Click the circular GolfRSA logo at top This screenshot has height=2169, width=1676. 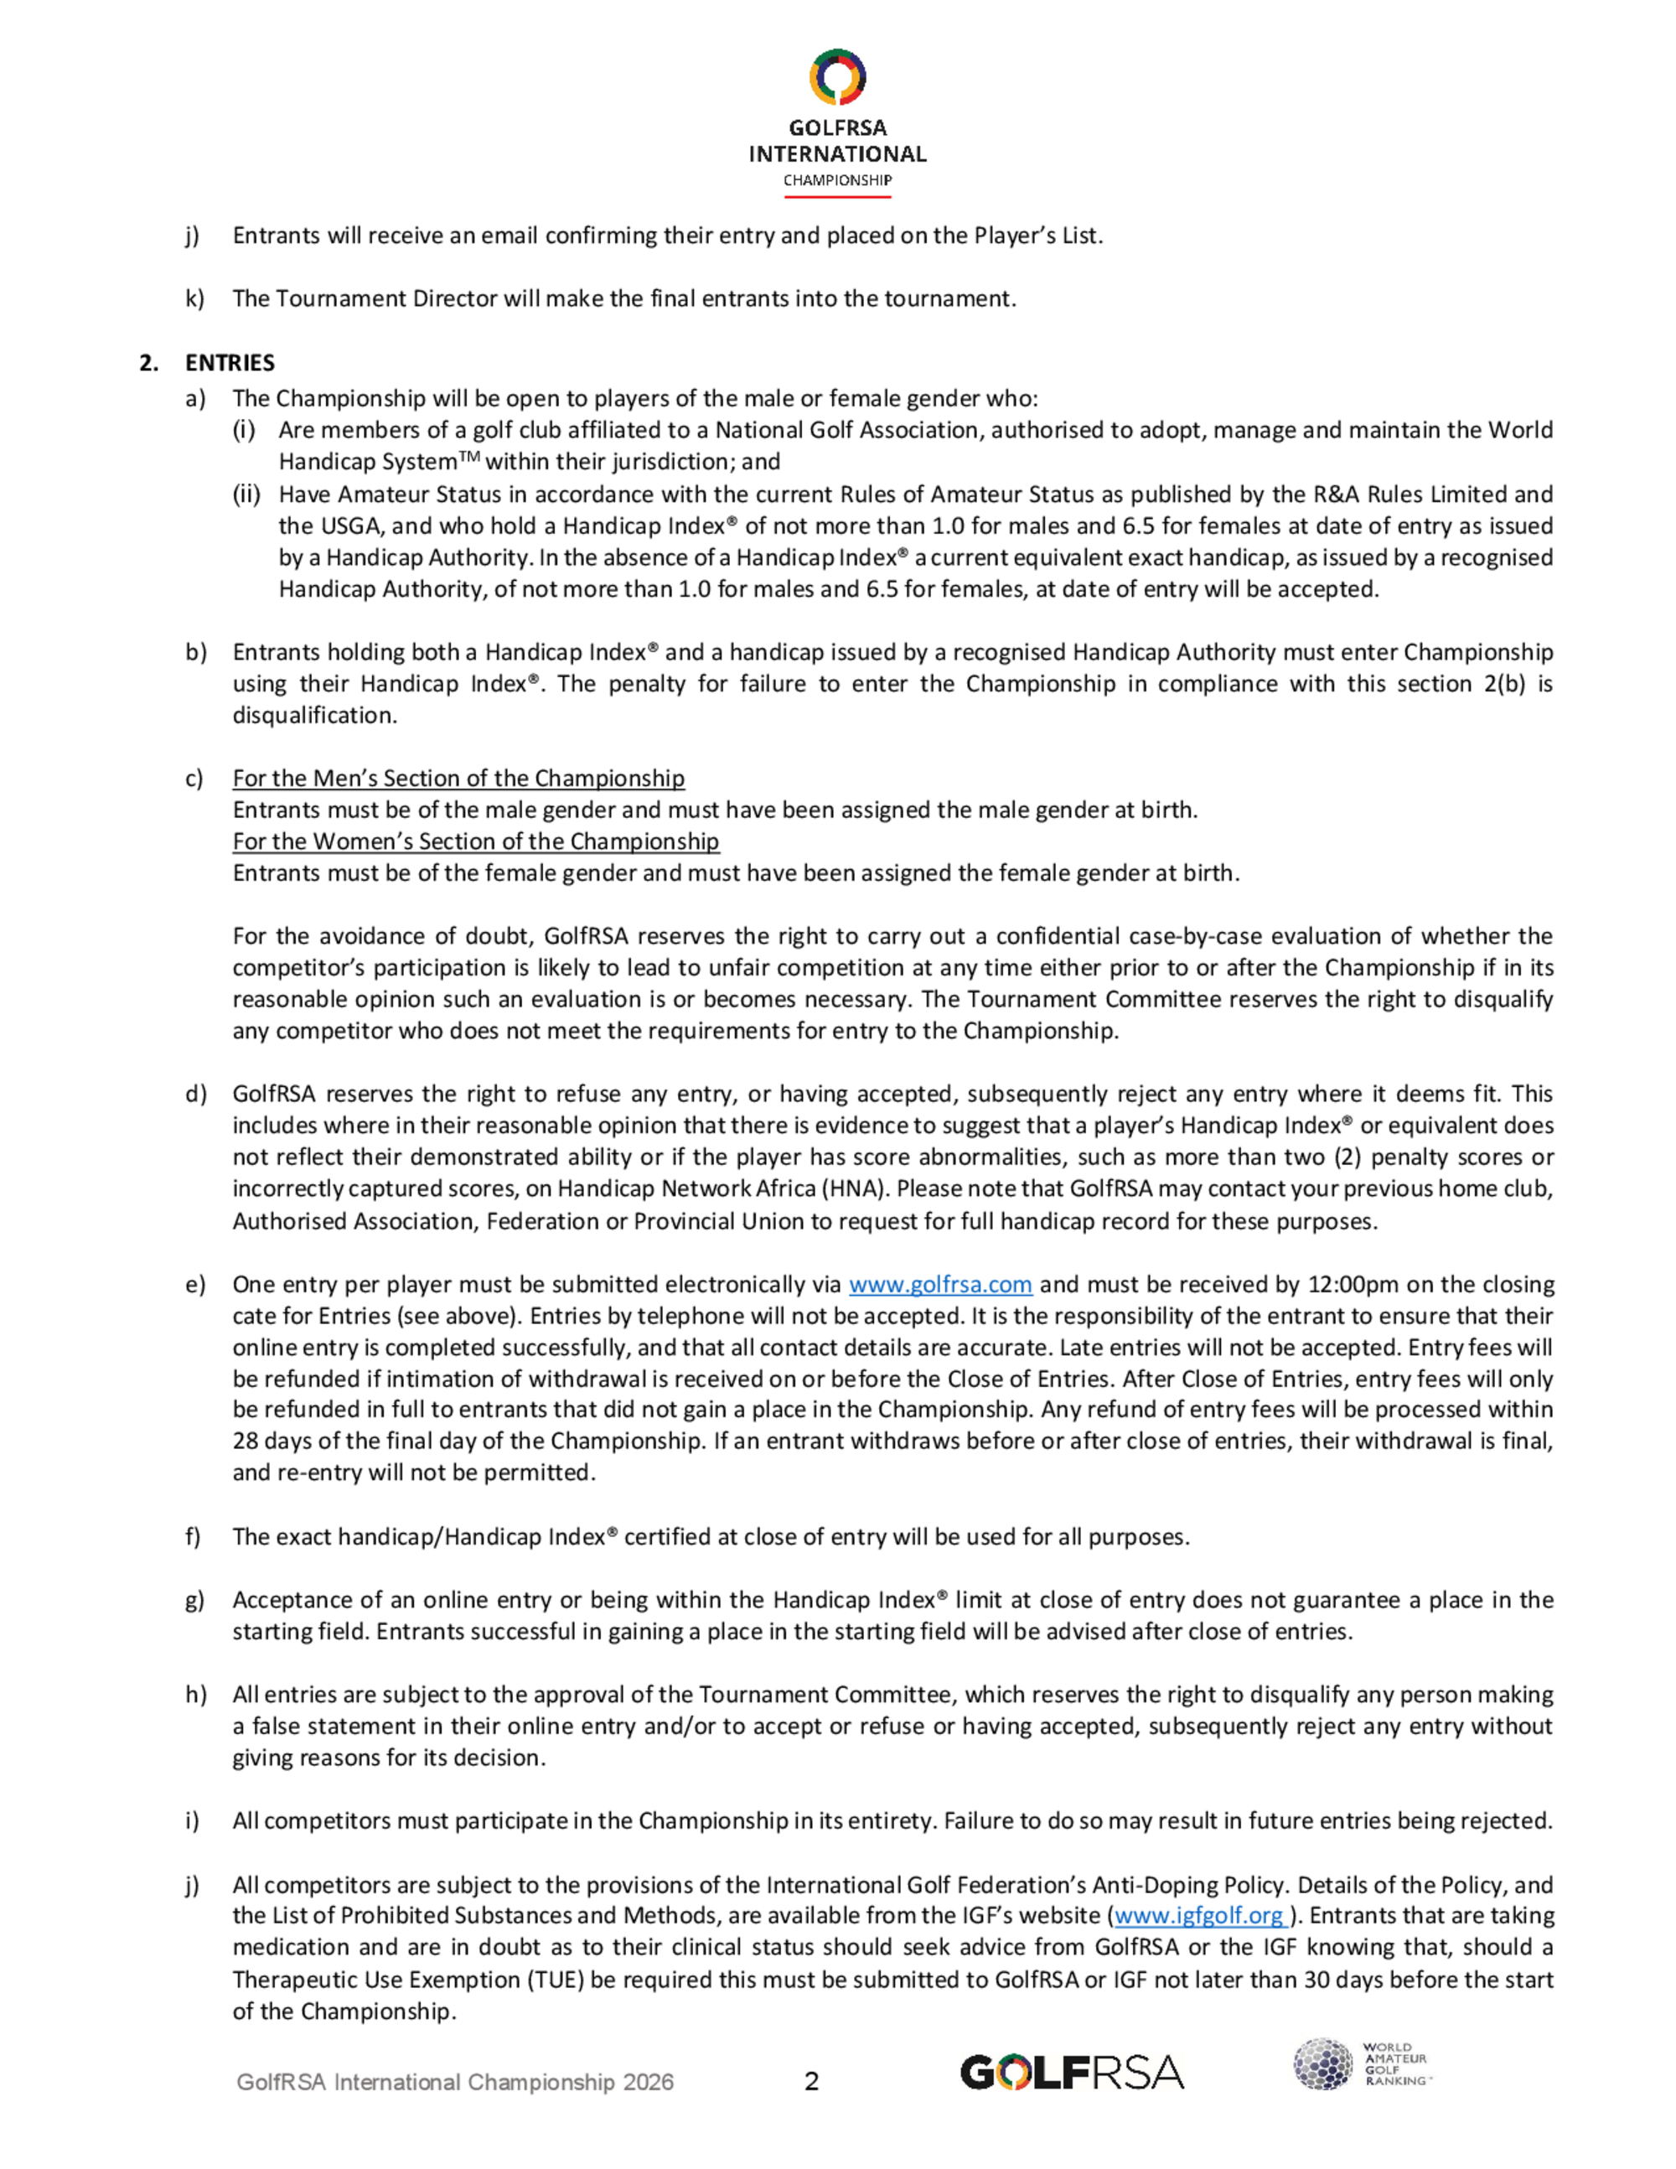coord(837,76)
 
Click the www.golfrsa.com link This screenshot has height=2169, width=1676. coord(939,1284)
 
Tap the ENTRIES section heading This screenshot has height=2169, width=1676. coord(230,363)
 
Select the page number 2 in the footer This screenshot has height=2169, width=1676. coord(811,2082)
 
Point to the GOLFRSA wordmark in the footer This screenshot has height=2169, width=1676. coord(1071,2073)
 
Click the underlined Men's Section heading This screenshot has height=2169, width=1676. coord(458,778)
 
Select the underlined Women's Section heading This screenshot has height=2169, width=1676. coord(476,841)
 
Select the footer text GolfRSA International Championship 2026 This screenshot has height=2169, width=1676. coord(455,2082)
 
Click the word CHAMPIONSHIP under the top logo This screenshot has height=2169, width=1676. coord(837,181)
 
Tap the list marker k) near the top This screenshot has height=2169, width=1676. coord(194,299)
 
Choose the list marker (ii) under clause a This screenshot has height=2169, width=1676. coord(246,494)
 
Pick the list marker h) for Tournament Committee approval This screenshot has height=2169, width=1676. coord(195,1695)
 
